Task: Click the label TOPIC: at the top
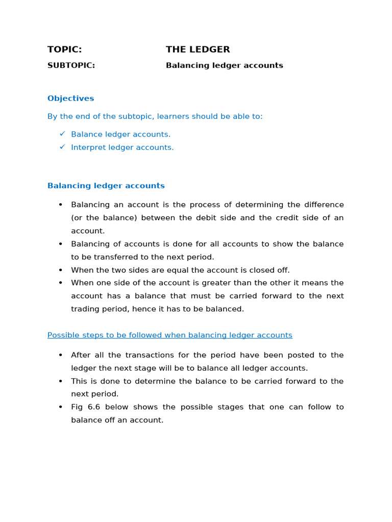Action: [64, 49]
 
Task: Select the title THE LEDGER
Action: [198, 49]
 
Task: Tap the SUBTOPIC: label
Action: [71, 65]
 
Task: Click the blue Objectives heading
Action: [70, 98]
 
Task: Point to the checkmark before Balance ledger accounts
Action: [62, 134]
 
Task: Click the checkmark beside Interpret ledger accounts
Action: [62, 147]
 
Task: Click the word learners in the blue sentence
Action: [175, 116]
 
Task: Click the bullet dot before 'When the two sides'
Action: [60, 270]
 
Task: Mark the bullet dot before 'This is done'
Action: [60, 381]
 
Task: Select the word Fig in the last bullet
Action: [78, 407]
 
